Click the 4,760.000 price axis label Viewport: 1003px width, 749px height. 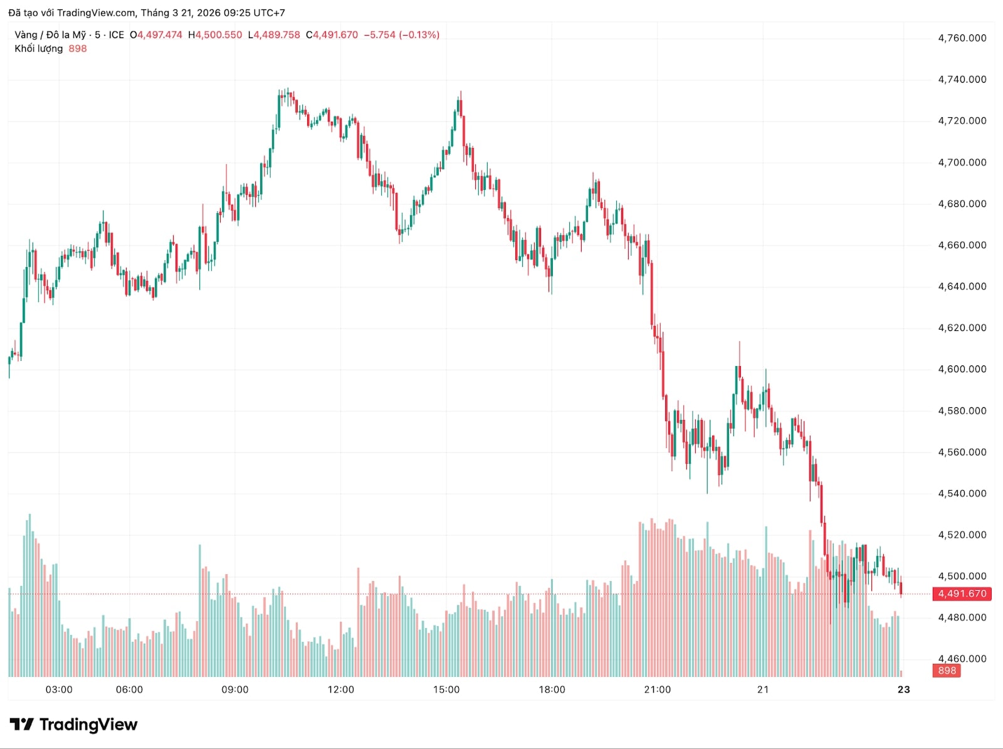962,38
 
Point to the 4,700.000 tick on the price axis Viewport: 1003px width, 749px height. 962,162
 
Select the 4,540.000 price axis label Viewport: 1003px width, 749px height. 962,493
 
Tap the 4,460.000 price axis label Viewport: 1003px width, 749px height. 962,659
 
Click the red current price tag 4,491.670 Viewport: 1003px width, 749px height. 962,594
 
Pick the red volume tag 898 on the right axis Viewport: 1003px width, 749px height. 947,671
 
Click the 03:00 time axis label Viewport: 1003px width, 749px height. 59,689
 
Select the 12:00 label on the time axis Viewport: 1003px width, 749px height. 340,689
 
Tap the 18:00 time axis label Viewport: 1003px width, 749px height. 552,689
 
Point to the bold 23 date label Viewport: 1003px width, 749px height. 903,689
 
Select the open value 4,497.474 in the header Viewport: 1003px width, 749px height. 160,35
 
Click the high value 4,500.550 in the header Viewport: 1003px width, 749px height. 218,35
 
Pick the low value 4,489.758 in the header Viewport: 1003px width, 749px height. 276,35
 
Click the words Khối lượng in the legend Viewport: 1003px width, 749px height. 39,49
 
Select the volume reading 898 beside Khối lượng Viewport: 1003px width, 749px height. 78,49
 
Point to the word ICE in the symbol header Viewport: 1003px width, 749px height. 117,35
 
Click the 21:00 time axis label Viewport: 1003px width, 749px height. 657,689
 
